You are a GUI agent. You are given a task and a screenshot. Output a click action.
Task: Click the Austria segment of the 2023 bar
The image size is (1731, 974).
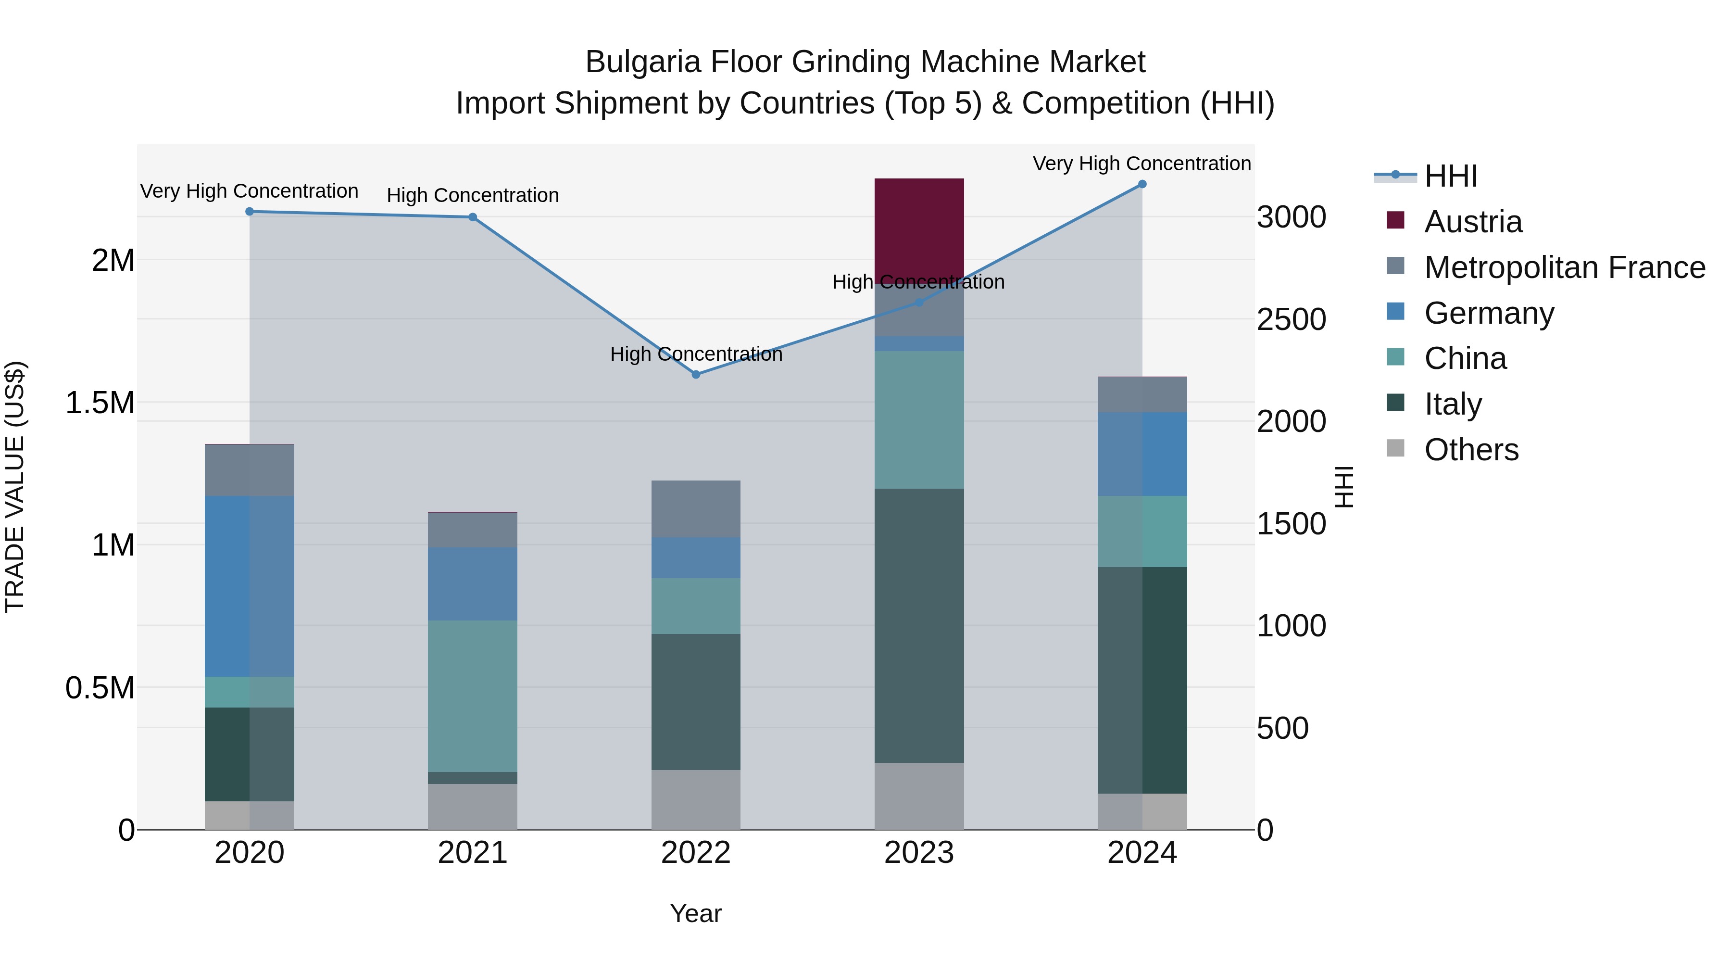click(x=918, y=228)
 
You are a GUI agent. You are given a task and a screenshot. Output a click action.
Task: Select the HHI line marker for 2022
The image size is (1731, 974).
click(x=696, y=374)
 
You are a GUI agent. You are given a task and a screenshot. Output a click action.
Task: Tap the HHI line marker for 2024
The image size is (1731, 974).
click(x=1141, y=184)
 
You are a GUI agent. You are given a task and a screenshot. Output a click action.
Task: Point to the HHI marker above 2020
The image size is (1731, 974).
click(x=249, y=211)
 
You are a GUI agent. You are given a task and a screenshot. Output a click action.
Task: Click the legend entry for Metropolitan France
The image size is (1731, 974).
click(x=1564, y=267)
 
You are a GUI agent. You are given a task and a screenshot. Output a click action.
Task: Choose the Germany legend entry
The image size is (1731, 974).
click(x=1489, y=313)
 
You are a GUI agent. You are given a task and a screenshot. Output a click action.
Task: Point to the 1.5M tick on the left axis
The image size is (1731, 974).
click(x=100, y=403)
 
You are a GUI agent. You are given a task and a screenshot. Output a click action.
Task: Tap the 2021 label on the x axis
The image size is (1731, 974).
click(x=472, y=853)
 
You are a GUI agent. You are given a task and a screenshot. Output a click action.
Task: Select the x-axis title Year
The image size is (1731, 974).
click(x=695, y=913)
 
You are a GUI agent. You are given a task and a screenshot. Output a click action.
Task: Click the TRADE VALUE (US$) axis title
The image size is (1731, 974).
click(x=15, y=487)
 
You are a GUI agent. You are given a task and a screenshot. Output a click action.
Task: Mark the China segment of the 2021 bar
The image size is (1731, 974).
click(x=472, y=696)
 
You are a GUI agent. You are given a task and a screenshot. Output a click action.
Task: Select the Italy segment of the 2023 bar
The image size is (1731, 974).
click(x=918, y=625)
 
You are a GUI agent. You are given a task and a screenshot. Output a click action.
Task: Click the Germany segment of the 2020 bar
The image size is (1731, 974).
click(x=249, y=586)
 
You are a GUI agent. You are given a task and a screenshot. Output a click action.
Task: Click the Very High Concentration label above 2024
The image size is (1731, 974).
click(x=1141, y=164)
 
